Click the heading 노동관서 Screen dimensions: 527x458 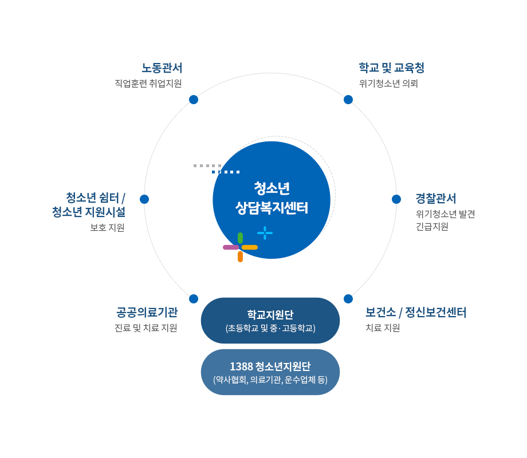[162, 68]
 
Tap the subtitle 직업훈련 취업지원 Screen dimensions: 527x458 [148, 84]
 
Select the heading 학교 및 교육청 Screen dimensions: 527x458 [392, 68]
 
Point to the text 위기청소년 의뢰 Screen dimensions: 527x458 [388, 84]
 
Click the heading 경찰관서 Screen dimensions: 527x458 [436, 198]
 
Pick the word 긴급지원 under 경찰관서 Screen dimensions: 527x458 [432, 227]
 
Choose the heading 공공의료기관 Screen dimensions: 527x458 [147, 312]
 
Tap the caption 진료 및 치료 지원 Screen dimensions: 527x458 [146, 327]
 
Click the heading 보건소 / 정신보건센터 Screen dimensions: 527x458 [416, 312]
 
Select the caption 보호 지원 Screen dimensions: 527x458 [107, 227]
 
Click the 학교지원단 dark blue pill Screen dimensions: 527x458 [270, 321]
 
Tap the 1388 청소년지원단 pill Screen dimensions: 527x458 [270, 372]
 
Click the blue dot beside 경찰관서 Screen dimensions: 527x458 [396, 199]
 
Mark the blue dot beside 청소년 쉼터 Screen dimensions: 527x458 [144, 199]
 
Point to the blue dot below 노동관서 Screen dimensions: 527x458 [194, 100]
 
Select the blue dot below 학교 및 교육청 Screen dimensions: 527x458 [348, 100]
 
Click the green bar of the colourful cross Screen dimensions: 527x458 [241, 238]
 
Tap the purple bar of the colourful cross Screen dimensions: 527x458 [231, 247]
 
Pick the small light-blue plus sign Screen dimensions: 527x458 [265, 233]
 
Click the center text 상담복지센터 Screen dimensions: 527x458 [272, 208]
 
